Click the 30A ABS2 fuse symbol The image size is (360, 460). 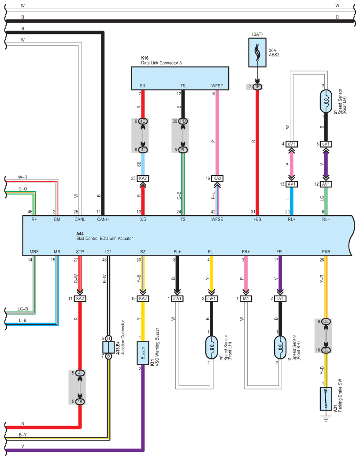click(257, 52)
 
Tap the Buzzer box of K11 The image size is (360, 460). click(143, 353)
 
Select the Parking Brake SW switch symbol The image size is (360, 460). click(326, 399)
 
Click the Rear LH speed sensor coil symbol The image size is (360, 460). click(326, 101)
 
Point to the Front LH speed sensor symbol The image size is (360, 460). click(212, 348)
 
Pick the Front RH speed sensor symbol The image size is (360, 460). click(280, 348)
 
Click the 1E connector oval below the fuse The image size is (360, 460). click(257, 87)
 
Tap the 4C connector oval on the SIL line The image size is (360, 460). click(143, 121)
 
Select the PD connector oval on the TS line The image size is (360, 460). click(183, 121)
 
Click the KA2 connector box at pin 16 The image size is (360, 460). click(217, 178)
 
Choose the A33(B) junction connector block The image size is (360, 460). click(108, 348)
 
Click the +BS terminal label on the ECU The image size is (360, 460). click(257, 220)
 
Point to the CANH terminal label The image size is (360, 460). click(103, 220)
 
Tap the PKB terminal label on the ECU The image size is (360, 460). click(326, 252)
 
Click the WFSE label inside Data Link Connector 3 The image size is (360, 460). click(217, 86)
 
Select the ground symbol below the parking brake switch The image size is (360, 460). click(326, 419)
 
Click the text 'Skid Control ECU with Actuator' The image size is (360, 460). click(105, 239)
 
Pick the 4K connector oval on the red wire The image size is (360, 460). click(80, 402)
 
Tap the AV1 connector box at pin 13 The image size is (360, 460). click(291, 184)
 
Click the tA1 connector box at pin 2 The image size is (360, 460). click(280, 299)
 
